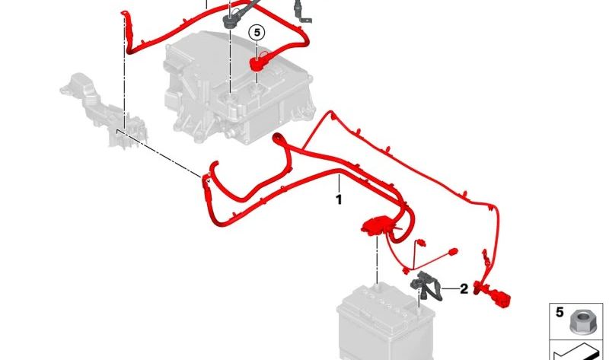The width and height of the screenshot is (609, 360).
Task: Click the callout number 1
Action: [339, 199]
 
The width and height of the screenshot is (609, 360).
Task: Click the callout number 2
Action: [464, 289]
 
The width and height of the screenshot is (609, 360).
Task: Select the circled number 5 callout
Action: [257, 32]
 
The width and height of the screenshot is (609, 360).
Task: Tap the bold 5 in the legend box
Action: [560, 312]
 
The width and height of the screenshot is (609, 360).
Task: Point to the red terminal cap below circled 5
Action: [257, 63]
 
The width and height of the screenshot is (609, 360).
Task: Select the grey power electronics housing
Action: [237, 88]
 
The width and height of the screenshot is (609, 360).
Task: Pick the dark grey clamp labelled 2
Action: [426, 287]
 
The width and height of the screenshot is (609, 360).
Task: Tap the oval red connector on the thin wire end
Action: [452, 252]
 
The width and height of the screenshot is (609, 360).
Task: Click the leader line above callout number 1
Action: [339, 183]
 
